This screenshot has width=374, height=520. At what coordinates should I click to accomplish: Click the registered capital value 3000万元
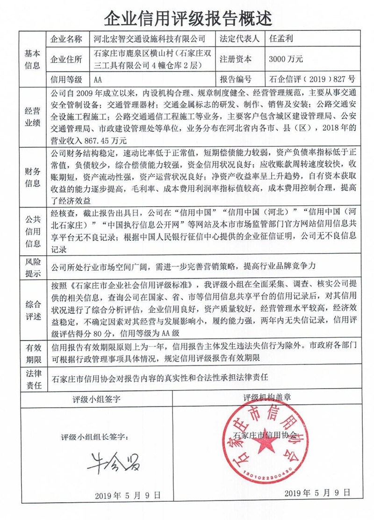286,59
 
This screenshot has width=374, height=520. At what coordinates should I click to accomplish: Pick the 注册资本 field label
236,59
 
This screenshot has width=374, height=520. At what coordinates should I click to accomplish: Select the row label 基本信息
32,59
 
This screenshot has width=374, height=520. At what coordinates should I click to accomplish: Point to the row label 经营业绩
32,117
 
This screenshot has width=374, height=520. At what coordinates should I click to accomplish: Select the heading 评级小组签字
96,399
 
